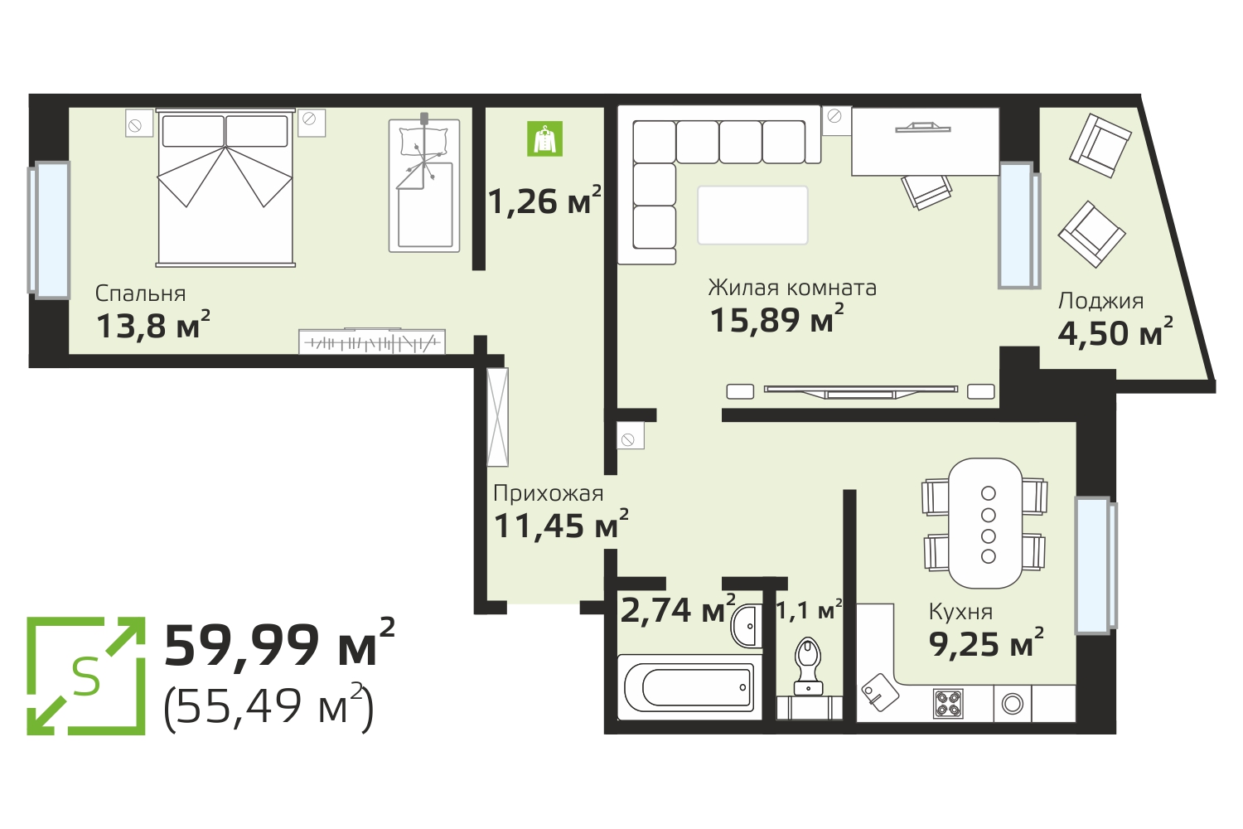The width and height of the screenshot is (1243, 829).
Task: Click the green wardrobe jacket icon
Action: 544,138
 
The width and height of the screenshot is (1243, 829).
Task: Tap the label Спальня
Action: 140,293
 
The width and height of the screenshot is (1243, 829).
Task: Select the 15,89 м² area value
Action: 777,318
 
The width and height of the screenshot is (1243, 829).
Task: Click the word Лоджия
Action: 1100,302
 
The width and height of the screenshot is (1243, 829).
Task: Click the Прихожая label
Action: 549,493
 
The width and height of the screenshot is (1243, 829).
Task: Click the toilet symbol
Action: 808,665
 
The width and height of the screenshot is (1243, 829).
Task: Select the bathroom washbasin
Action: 747,626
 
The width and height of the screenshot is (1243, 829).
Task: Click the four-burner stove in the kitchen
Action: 948,704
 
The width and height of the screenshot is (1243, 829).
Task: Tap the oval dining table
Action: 985,523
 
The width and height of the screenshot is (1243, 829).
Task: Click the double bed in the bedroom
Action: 225,187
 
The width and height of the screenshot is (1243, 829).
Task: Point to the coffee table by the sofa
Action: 752,215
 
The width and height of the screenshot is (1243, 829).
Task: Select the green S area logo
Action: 86,676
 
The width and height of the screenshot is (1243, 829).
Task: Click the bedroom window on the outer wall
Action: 49,230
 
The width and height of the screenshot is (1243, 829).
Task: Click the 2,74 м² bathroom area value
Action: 678,609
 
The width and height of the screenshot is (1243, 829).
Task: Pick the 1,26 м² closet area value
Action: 545,200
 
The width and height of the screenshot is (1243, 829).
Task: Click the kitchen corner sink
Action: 880,691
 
